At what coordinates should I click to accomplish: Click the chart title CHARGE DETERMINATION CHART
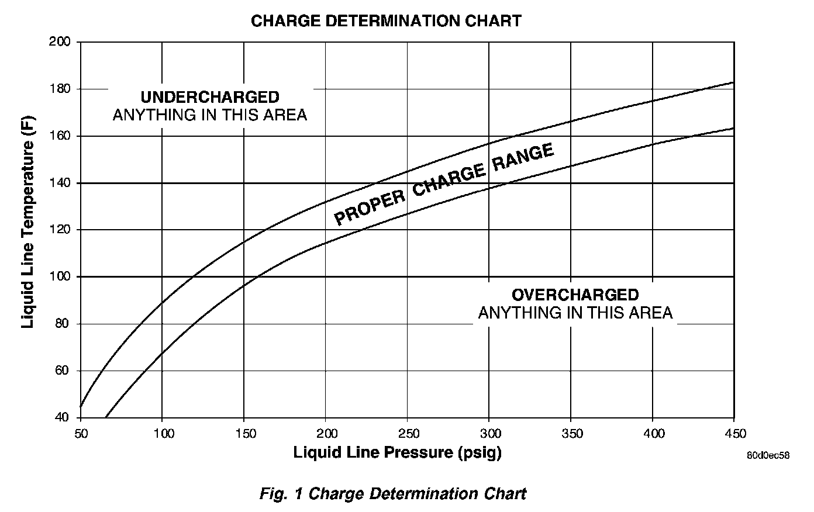pos(386,21)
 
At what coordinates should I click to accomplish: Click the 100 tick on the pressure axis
pos(164,433)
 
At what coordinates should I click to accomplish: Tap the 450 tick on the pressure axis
pos(735,433)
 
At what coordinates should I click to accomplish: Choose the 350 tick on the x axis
pos(572,433)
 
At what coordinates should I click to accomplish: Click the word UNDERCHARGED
pos(210,97)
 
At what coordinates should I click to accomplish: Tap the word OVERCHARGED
pos(575,295)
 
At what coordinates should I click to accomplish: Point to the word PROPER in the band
pos(370,207)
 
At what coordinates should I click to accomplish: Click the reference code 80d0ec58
pos(767,455)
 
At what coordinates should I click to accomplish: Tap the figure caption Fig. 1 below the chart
pos(393,493)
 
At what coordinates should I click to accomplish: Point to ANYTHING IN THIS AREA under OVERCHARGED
pos(575,313)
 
